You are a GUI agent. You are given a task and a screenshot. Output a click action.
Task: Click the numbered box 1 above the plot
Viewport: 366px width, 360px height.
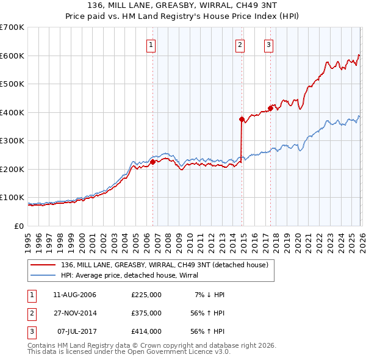click(x=151, y=44)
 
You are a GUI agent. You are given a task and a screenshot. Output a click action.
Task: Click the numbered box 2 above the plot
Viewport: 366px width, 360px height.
click(x=240, y=44)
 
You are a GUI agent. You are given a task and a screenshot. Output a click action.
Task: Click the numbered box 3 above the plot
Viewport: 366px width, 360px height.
click(x=268, y=44)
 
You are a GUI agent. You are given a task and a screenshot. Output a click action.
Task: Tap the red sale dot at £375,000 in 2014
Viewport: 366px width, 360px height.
click(x=242, y=119)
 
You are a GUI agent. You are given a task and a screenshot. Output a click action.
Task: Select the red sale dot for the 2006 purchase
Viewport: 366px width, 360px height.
click(x=153, y=162)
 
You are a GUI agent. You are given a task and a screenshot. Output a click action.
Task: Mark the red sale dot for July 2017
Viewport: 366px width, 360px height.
click(x=270, y=108)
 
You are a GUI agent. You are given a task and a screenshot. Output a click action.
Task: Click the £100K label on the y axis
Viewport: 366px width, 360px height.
click(x=12, y=197)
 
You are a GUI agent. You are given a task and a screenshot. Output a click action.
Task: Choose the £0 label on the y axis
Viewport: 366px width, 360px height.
click(x=19, y=226)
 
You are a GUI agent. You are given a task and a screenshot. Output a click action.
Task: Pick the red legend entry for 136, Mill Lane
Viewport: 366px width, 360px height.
click(x=165, y=265)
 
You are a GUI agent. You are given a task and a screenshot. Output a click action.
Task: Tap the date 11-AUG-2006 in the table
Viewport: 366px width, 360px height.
click(x=75, y=295)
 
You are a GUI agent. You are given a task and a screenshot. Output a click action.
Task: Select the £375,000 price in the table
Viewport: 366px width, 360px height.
click(x=146, y=313)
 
